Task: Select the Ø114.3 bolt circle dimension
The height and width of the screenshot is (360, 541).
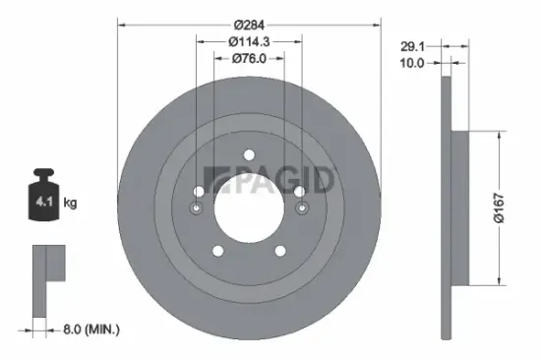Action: point(249,41)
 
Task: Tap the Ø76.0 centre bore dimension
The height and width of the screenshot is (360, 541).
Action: point(249,60)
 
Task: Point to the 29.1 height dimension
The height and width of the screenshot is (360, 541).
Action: point(412,44)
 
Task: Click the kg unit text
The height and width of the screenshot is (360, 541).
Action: point(70,204)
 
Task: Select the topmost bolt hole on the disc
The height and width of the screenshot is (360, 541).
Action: point(249,153)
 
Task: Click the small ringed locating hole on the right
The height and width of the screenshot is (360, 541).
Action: point(301,208)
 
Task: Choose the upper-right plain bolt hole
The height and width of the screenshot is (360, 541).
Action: point(298,191)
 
